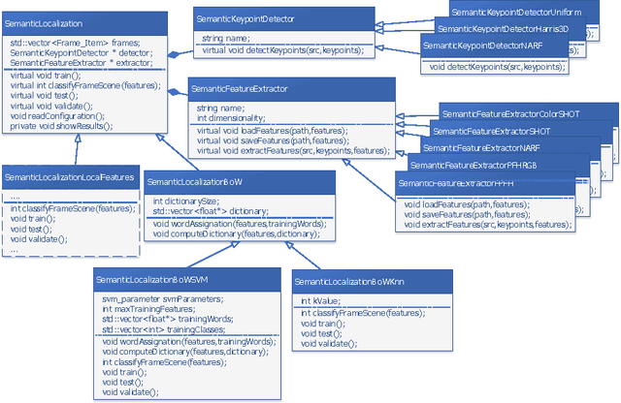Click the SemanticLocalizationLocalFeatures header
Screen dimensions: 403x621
click(x=67, y=176)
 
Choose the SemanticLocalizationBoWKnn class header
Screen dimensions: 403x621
click(x=349, y=280)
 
